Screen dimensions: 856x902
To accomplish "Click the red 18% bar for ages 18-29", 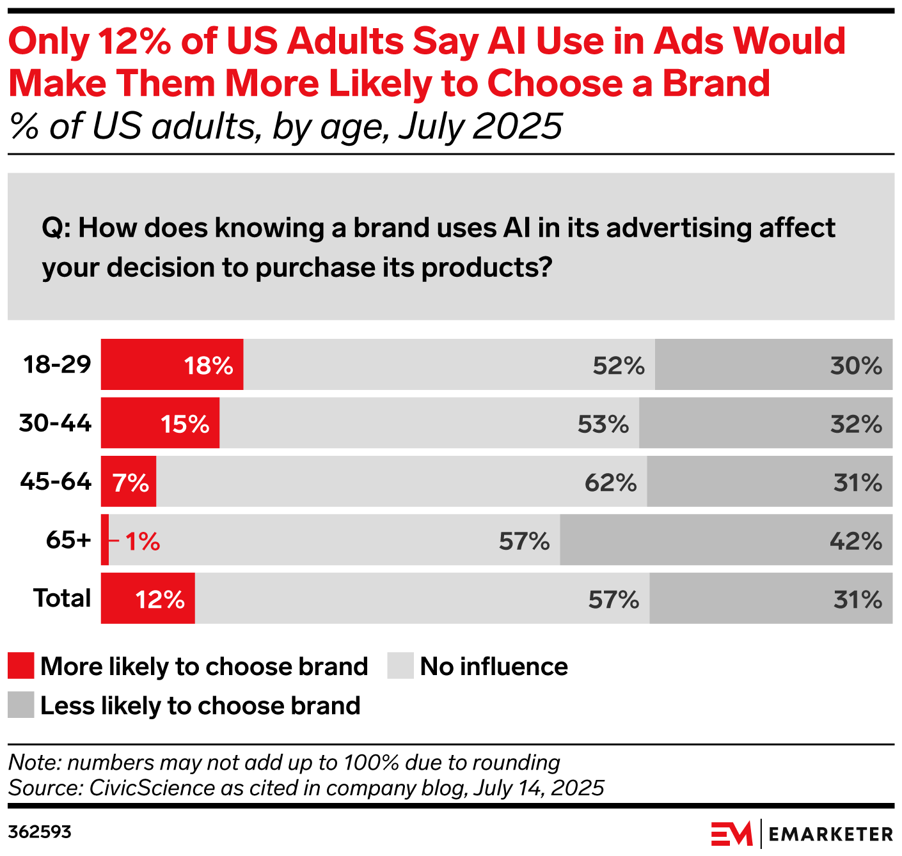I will coord(172,364).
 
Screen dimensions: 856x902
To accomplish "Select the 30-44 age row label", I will coord(55,423).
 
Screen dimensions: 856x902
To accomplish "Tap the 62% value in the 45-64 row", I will coord(610,483).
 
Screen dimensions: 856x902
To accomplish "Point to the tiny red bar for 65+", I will coord(105,540).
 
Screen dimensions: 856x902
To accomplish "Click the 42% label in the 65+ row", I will coord(855,541).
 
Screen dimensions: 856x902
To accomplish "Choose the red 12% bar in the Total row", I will coord(148,599).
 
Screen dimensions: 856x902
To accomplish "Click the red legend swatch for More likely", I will coord(20,666).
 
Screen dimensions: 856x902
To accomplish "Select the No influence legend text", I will coord(493,667).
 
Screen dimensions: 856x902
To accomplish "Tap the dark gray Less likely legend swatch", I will coord(20,705).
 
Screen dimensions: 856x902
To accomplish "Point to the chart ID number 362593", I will coord(40,832).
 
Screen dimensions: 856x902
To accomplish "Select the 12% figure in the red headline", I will coord(135,42).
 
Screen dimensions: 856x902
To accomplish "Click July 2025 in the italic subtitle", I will coord(480,126).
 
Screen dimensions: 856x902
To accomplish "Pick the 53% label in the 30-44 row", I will coord(603,424).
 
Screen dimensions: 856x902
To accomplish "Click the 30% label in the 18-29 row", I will coord(855,366).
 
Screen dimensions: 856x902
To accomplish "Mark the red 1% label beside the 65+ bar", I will coord(142,541).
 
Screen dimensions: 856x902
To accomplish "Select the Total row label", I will coord(62,598).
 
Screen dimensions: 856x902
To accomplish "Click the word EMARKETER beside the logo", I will coord(830,834).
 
